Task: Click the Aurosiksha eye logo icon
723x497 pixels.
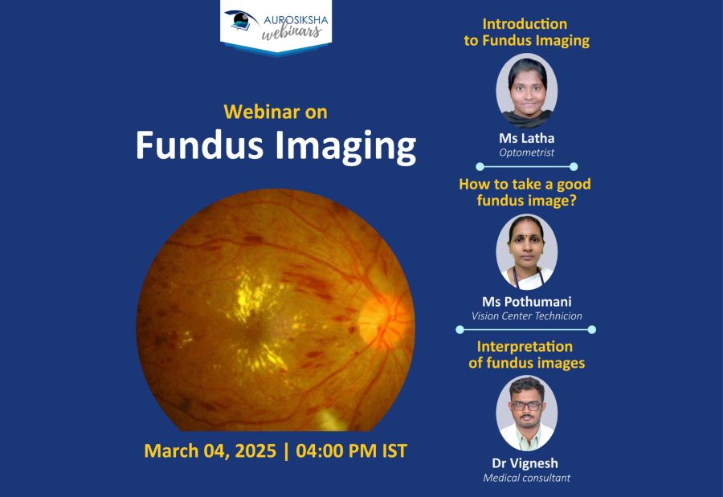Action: coord(241,20)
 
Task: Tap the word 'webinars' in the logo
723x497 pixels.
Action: coord(292,32)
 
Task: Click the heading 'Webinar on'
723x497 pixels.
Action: coord(276,112)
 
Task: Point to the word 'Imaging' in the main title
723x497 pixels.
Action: coord(345,147)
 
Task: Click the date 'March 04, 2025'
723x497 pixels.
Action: coord(210,451)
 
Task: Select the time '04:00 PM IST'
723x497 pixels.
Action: coord(351,451)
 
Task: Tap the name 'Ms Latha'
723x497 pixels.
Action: coord(526,138)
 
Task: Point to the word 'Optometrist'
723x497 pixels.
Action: coord(526,153)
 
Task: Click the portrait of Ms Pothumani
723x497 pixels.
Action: coord(526,252)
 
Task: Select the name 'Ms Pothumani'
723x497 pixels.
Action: coord(526,302)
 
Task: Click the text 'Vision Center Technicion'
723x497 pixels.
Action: coord(526,316)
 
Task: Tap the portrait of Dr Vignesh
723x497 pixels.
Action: coord(526,413)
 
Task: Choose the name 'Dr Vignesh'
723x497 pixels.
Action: coord(525,463)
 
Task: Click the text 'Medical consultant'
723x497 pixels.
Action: coord(526,478)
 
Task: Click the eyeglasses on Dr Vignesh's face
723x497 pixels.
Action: coord(526,405)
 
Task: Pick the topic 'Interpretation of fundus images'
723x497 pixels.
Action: coord(526,355)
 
